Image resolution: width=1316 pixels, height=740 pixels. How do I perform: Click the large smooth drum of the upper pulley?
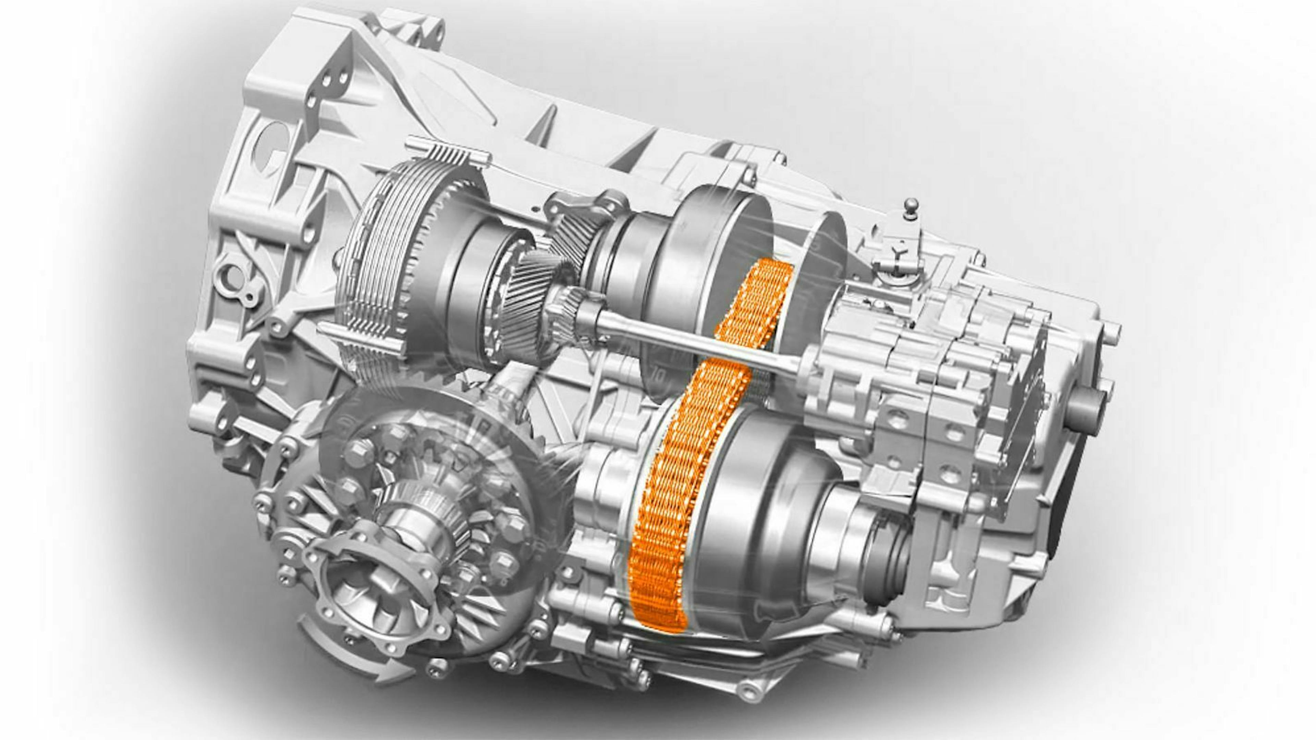(715, 240)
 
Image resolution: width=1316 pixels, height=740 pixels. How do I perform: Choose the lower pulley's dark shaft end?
(889, 562)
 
